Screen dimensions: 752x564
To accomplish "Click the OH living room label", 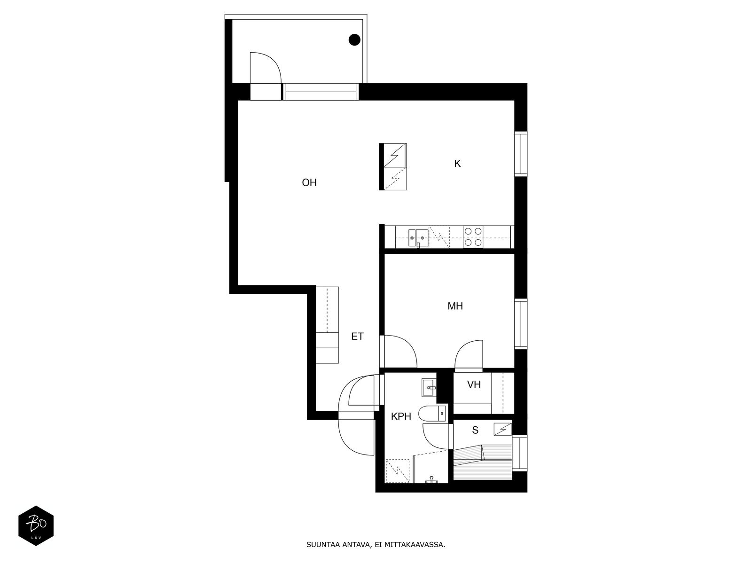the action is click(x=309, y=182).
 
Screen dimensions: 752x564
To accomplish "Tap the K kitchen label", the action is click(x=457, y=164).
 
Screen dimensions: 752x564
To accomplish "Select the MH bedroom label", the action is click(x=455, y=306).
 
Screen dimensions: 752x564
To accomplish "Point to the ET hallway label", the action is click(x=357, y=336).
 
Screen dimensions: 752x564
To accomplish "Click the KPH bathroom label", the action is click(x=401, y=416).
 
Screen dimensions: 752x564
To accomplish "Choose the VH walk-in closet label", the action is click(x=474, y=384).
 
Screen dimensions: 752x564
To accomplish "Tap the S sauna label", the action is click(x=475, y=430).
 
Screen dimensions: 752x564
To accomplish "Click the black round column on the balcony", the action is click(x=354, y=40).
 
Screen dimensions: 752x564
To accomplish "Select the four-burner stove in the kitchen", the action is click(x=473, y=236).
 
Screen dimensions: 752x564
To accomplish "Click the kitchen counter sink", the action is click(x=418, y=238).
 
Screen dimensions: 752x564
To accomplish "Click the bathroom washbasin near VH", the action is click(x=429, y=388).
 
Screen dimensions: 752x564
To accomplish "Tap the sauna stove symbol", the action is click(x=502, y=429).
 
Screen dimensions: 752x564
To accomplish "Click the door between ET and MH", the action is click(x=398, y=352).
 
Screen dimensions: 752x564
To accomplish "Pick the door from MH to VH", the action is click(x=469, y=355).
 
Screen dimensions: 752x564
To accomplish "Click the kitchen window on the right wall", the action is click(x=521, y=154).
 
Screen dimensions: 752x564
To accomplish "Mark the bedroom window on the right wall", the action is click(x=521, y=324).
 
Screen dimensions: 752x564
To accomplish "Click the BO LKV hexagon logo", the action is click(x=36, y=525).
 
